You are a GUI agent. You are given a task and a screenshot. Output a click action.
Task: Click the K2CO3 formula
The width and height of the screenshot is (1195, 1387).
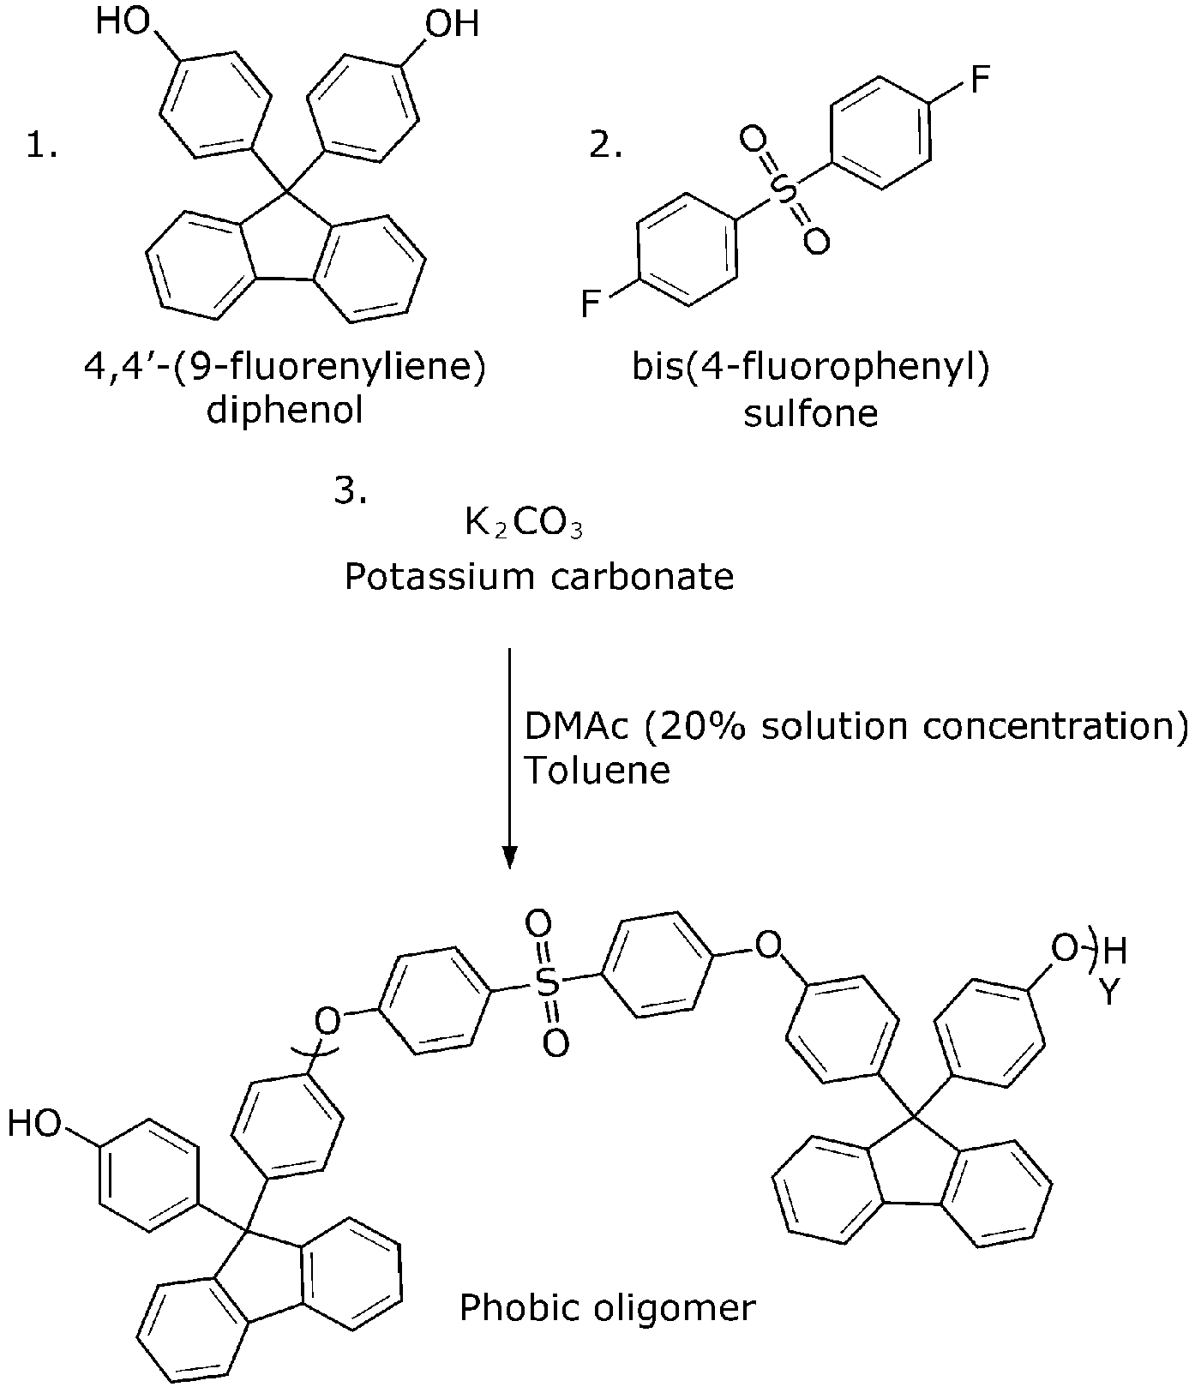tap(524, 523)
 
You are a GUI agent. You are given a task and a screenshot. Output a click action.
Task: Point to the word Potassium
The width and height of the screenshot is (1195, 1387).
tap(440, 577)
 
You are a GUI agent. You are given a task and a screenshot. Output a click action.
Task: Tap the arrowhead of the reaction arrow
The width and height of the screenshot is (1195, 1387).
tap(509, 856)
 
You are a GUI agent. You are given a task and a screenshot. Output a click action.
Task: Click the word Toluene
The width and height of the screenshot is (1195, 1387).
tap(597, 770)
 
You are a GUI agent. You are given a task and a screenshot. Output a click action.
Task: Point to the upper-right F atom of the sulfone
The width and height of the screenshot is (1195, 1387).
tap(979, 81)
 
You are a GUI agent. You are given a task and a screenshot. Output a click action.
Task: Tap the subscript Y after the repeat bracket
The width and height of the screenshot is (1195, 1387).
tap(1110, 993)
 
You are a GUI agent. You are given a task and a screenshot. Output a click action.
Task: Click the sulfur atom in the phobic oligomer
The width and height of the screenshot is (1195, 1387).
tap(548, 982)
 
